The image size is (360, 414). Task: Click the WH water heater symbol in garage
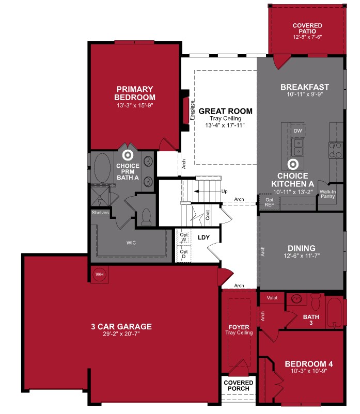coord(99,275)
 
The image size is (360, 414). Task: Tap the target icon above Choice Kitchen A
coord(293,165)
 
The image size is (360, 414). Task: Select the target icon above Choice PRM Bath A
coord(127,154)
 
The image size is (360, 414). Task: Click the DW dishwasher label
coord(298,131)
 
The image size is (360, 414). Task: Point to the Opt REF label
coord(269,202)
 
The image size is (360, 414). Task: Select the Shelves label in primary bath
coord(100,212)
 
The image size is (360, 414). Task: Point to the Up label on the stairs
coord(224,191)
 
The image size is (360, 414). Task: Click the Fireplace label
coord(191,109)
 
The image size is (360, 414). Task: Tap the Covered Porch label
coord(239,386)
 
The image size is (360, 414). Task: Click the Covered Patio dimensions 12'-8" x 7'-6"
coord(307,37)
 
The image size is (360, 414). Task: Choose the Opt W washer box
coord(184,237)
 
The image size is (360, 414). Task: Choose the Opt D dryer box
coord(184,254)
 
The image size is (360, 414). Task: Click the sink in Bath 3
coord(296,299)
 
